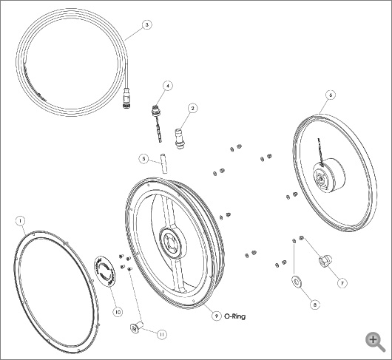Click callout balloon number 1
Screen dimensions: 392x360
(21, 221)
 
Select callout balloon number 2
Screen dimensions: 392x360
(192, 108)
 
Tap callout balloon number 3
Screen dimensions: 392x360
(147, 24)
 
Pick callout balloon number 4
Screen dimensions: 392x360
(168, 86)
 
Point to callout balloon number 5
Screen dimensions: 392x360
(143, 159)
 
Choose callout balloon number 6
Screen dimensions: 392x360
(331, 95)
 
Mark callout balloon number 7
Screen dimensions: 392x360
(342, 283)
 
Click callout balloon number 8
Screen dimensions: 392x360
(315, 305)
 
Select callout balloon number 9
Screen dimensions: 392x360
(217, 316)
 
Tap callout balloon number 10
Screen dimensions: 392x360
(118, 312)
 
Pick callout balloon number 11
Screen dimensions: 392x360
(162, 335)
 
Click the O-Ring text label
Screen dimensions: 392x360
(235, 316)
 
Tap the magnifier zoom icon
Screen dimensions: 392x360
(375, 342)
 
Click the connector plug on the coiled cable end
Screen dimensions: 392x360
(126, 98)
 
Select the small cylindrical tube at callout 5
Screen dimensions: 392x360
(163, 163)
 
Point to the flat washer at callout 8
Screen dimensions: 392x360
(297, 282)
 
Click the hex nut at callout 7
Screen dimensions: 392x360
(325, 261)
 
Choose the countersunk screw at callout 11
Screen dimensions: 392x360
(137, 327)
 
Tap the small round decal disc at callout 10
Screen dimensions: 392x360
(105, 271)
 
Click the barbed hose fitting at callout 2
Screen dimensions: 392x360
(180, 139)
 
